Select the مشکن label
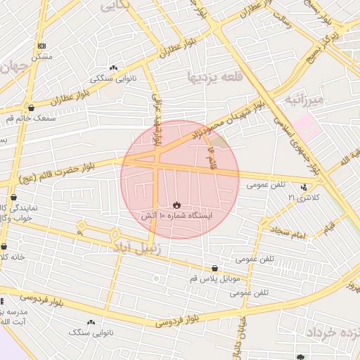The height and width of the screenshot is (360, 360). click(42, 56)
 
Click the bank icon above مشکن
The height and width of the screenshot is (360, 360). click(42, 46)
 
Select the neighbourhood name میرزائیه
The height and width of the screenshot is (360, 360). click(304, 100)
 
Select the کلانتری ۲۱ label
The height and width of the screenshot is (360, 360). click(303, 198)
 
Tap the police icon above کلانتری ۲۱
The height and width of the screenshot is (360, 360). click(304, 187)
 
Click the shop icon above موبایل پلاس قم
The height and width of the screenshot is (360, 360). click(214, 268)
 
